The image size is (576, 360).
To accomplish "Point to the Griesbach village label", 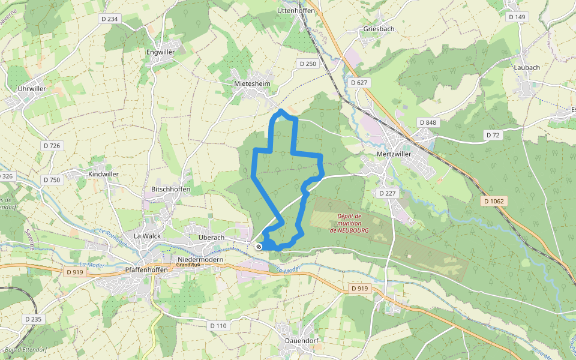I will click(x=379, y=29).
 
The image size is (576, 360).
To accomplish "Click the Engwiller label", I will click(x=161, y=52).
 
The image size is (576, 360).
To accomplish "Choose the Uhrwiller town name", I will click(x=32, y=88).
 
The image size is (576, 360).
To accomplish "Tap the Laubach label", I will click(x=526, y=67).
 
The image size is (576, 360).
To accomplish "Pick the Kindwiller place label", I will click(x=104, y=173).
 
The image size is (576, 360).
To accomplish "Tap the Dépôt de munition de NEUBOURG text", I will click(x=349, y=223).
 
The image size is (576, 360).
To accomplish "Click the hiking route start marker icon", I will click(x=259, y=247).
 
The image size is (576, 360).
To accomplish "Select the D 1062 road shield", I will click(x=494, y=200).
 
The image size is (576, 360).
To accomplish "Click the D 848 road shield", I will click(x=428, y=122).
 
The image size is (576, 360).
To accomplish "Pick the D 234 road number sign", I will click(x=110, y=19).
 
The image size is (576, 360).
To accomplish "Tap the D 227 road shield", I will click(x=388, y=193).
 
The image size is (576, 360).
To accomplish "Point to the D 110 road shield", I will click(x=219, y=325).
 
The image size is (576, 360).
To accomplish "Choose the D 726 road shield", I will click(x=52, y=146).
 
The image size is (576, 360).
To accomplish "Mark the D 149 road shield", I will click(x=517, y=17).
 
